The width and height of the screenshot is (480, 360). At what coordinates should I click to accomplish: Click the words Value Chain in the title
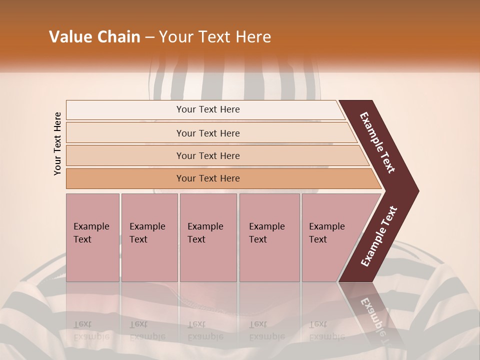(x=94, y=37)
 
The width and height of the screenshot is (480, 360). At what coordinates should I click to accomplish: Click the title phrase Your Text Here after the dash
(x=215, y=37)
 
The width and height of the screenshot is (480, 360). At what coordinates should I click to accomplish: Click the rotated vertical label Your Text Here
(x=58, y=143)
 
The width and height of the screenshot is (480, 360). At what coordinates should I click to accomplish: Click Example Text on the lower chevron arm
(x=379, y=236)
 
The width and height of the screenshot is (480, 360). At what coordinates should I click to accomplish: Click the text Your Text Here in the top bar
(x=208, y=109)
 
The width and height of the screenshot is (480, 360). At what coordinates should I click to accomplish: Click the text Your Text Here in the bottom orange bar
(x=208, y=178)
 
